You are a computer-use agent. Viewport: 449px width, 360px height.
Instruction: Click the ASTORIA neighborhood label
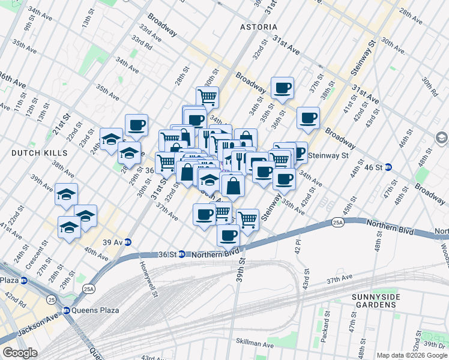click(259, 27)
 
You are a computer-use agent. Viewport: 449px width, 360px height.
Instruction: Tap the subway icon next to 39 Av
click(128, 242)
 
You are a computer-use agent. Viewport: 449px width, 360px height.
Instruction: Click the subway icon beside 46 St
click(388, 167)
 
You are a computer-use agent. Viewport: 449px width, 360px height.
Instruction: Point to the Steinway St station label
click(328, 155)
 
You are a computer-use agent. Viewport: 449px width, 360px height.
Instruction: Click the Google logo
click(20, 353)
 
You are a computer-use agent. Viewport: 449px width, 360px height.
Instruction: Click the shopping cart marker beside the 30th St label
click(207, 96)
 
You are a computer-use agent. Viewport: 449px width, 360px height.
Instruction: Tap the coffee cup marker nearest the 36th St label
click(282, 88)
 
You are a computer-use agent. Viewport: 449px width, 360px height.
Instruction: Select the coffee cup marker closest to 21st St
click(136, 125)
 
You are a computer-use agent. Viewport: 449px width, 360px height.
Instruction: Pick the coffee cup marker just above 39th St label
click(228, 235)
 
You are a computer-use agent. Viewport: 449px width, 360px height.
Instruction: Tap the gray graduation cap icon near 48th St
click(441, 139)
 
